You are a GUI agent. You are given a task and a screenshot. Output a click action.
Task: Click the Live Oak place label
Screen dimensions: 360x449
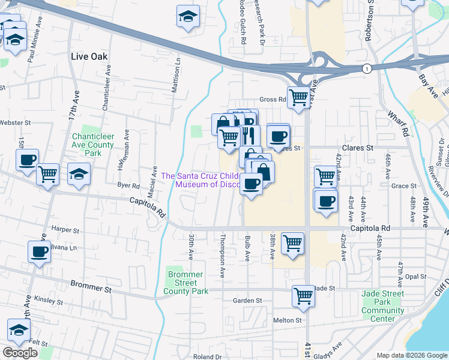(89, 56)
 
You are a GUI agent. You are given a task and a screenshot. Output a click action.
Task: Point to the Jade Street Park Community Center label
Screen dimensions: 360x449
(383, 306)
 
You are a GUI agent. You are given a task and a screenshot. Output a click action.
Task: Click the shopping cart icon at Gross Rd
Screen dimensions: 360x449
(298, 97)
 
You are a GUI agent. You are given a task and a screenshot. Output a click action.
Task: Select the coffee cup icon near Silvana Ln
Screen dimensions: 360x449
(40, 252)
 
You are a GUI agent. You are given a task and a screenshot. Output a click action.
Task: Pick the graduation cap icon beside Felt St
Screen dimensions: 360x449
(19, 329)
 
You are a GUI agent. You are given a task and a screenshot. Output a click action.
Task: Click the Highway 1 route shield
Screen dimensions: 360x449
(367, 69)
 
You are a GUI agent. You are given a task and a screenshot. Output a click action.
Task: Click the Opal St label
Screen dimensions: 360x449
(415, 277)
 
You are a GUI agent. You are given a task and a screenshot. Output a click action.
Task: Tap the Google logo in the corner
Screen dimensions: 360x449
(20, 353)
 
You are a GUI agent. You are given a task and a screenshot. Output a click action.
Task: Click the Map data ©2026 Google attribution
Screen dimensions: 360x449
(411, 355)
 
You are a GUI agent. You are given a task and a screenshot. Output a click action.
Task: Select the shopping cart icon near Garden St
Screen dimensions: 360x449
(304, 295)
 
